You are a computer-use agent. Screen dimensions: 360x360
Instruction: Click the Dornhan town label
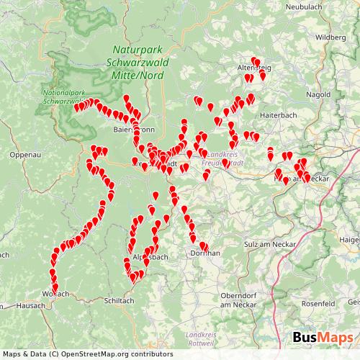point(204,254)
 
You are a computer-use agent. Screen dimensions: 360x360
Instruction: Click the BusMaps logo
point(323,338)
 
